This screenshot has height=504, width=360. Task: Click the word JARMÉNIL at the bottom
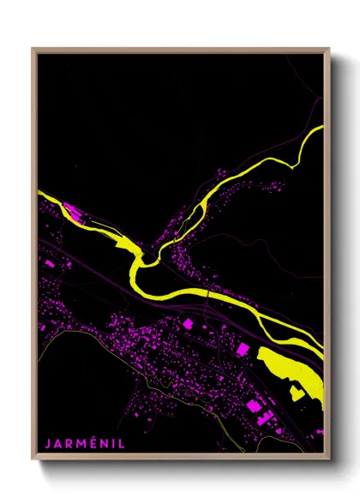[85, 444]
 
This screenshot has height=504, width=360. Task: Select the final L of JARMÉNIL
[122, 444]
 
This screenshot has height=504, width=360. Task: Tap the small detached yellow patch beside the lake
[297, 393]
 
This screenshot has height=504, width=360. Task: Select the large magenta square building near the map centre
[188, 323]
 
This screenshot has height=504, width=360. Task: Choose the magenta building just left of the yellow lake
[243, 349]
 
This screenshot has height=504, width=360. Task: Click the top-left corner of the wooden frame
[33, 49]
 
